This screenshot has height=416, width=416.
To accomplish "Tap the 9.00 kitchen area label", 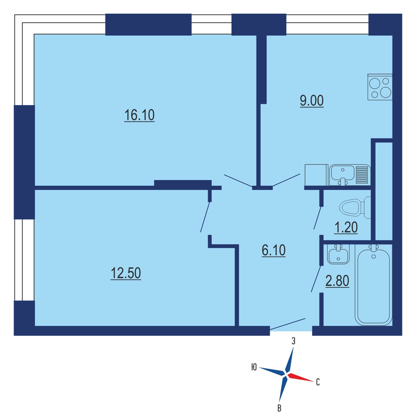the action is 311,101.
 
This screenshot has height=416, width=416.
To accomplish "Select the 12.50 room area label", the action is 126,273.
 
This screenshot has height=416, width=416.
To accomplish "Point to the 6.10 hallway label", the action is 273,250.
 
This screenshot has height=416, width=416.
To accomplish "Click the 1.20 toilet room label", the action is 346,227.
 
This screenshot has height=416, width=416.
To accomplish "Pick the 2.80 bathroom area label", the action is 337,281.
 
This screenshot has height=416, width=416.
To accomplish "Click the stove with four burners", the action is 380,87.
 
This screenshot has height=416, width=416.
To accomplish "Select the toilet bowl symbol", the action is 355,207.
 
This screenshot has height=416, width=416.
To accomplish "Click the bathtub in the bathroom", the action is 374,285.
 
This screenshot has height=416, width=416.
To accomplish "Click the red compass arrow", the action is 300,377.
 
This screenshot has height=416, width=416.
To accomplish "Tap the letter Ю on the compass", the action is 254,367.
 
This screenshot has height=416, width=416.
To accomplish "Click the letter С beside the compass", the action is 318,382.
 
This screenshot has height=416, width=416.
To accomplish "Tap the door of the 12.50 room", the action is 205,217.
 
